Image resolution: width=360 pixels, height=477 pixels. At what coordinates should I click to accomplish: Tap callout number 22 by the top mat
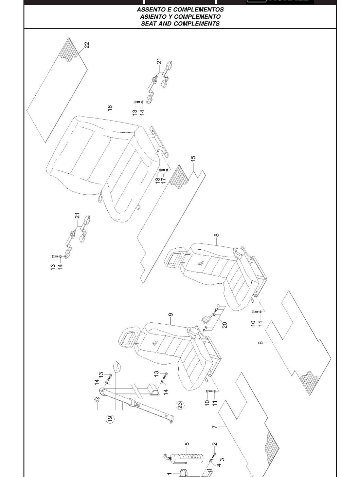click(x=86, y=45)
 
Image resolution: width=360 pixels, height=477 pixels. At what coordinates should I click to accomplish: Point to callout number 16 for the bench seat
click(x=110, y=108)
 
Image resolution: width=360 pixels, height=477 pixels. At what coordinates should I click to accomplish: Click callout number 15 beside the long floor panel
click(x=193, y=158)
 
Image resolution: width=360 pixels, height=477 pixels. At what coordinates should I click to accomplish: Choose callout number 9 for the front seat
click(x=171, y=315)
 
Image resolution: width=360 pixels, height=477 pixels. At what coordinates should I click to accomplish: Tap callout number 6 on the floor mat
click(x=261, y=343)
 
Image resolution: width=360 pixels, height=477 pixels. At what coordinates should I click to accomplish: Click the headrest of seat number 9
click(x=129, y=336)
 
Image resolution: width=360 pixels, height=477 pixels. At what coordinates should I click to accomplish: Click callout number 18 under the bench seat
click(x=158, y=180)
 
